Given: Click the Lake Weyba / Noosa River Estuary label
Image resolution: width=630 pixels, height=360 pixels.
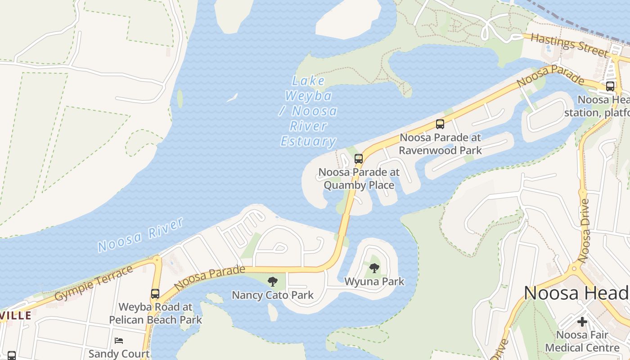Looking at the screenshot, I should click(x=309, y=111).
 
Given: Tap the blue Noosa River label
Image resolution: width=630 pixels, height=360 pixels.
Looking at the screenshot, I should click(x=140, y=235).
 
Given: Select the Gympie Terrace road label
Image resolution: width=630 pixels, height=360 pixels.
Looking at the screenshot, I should click(x=94, y=283).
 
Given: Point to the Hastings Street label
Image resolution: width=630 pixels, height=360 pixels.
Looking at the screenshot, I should click(x=569, y=45).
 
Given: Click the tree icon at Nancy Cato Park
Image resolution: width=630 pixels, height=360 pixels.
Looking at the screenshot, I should click(x=272, y=282).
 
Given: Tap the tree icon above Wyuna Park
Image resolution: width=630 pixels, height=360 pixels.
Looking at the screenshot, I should click(x=374, y=268).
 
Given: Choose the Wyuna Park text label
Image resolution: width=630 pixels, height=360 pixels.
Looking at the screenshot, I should click(x=374, y=282).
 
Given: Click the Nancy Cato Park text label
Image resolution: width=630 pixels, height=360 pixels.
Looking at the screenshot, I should click(x=273, y=295).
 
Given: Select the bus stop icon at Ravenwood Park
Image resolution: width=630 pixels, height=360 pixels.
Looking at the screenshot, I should click(x=440, y=124).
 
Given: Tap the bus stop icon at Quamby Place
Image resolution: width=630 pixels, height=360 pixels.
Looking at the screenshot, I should click(x=359, y=158).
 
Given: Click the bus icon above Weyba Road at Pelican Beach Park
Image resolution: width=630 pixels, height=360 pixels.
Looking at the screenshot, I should click(x=155, y=294).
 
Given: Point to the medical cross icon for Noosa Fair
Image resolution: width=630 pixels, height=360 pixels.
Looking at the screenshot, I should click(x=582, y=322).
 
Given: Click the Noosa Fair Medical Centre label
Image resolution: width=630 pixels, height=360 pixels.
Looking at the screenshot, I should click(x=582, y=341).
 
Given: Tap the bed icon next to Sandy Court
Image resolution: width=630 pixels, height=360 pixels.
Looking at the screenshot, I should click(x=119, y=341).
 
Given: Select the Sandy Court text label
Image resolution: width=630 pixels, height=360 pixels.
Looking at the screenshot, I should click(x=119, y=354).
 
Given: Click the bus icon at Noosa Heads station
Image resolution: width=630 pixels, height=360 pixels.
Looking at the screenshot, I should click(x=610, y=86).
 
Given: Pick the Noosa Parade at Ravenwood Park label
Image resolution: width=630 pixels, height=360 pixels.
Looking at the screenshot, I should click(x=440, y=144).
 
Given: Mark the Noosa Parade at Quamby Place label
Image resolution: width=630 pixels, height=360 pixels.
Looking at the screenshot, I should click(x=359, y=178).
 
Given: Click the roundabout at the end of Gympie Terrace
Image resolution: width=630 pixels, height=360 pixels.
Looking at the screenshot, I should click(x=157, y=260).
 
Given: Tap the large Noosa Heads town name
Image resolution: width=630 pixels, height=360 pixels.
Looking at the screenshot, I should click(x=576, y=293).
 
